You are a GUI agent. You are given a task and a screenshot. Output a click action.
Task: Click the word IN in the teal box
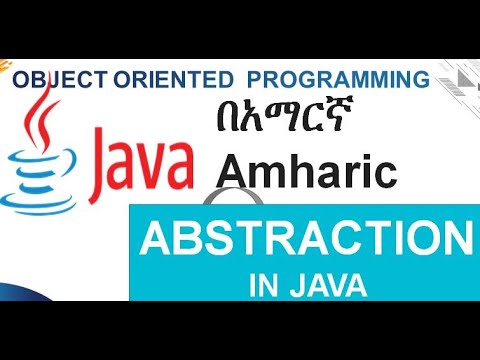point(263,282)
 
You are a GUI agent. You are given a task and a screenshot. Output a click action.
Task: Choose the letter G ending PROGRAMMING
point(421,78)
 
